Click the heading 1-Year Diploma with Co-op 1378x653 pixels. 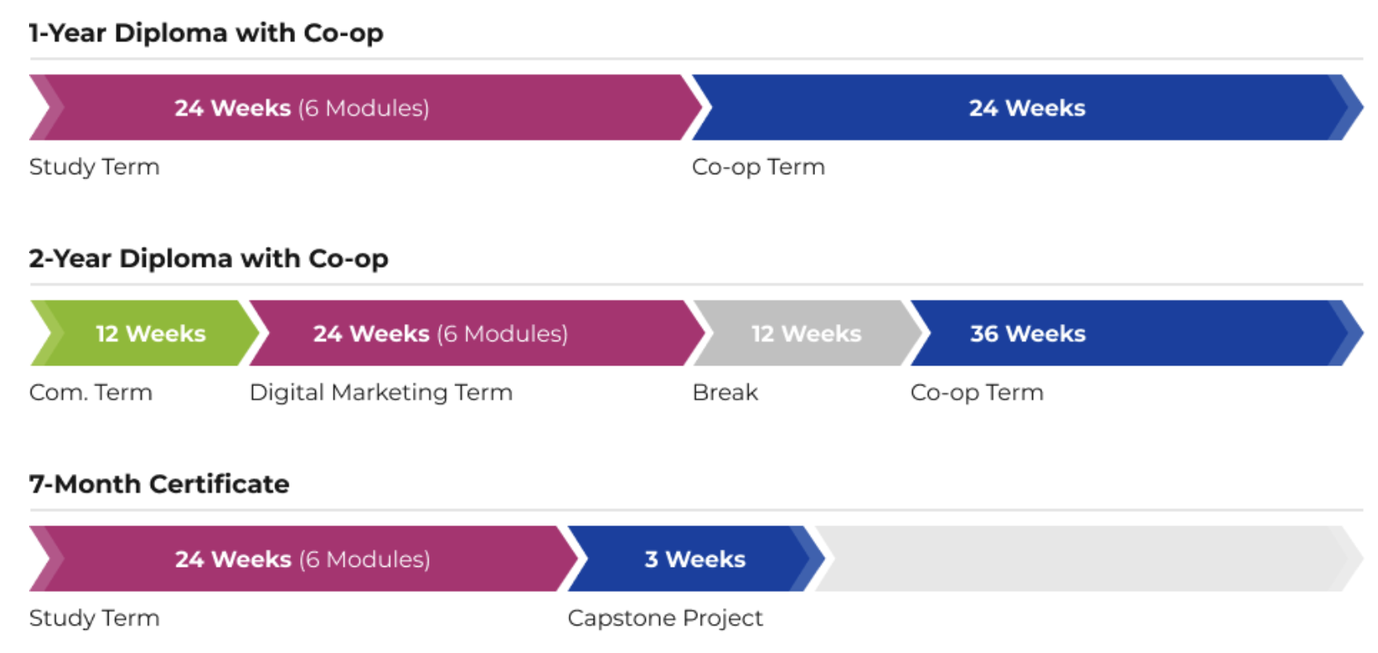click(x=206, y=32)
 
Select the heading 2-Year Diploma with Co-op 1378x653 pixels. click(x=209, y=259)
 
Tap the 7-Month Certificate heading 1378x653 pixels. click(x=159, y=484)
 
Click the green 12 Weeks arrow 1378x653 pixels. click(x=145, y=333)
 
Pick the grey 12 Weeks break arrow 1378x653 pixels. click(x=807, y=333)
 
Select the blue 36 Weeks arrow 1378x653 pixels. click(x=1137, y=333)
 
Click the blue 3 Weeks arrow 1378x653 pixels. click(x=696, y=559)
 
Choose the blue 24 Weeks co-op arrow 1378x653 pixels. click(x=1027, y=108)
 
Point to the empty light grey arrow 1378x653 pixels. click(x=1089, y=559)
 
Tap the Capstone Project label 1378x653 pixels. click(x=665, y=618)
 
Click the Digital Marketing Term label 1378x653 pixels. click(x=381, y=392)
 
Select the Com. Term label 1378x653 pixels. click(x=91, y=392)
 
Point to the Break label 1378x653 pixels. click(x=725, y=392)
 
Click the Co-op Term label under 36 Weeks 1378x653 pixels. click(x=977, y=392)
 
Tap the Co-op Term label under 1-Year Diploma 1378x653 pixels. click(x=759, y=167)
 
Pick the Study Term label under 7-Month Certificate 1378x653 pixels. click(x=95, y=618)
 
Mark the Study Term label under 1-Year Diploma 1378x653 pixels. click(x=95, y=167)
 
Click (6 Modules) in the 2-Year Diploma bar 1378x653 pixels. click(x=502, y=334)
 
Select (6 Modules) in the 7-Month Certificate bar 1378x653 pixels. click(x=365, y=559)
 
